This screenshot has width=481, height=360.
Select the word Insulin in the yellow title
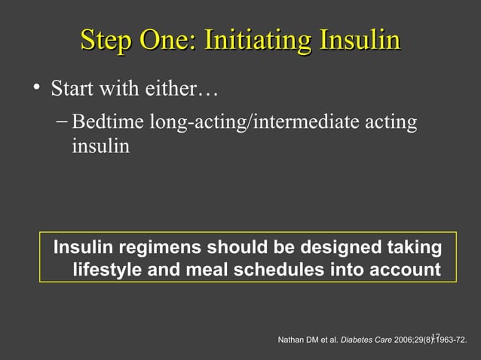coord(361,40)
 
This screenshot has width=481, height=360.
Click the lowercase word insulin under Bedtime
coord(100,145)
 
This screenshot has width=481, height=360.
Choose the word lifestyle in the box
coord(108,269)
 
